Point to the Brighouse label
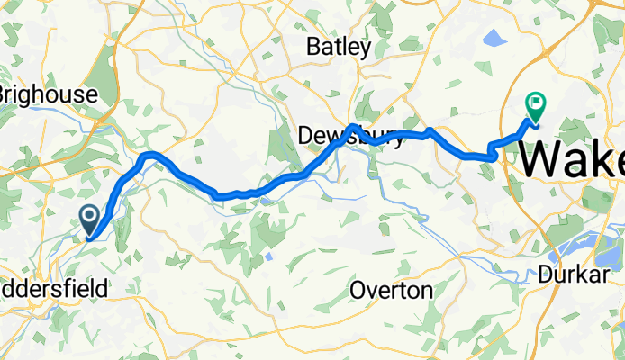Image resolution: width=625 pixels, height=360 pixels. (47, 94)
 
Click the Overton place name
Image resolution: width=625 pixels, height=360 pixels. (391, 291)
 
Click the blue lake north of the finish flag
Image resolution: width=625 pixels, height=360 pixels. (494, 39)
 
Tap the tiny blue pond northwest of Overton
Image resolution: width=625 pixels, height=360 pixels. (269, 256)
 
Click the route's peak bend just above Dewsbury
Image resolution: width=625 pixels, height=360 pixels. (354, 128)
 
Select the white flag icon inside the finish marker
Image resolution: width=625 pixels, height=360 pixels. (537, 103)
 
